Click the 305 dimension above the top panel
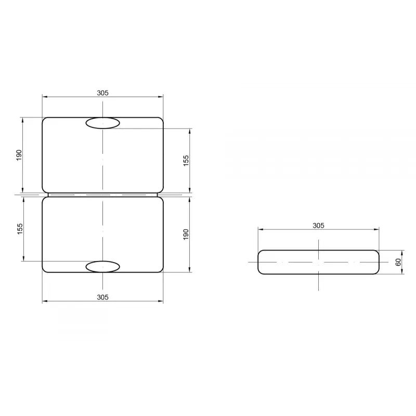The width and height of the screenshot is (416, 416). pyautogui.click(x=102, y=93)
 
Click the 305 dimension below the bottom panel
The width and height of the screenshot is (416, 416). pyautogui.click(x=102, y=297)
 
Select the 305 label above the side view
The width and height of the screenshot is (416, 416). pyautogui.click(x=318, y=226)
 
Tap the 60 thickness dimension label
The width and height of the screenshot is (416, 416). pyautogui.click(x=398, y=262)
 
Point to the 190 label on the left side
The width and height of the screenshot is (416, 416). pyautogui.click(x=19, y=155)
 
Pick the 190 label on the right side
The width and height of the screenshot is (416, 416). pyautogui.click(x=186, y=235)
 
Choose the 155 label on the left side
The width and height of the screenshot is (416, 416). pyautogui.click(x=20, y=229)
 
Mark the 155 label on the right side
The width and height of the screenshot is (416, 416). pyautogui.click(x=186, y=161)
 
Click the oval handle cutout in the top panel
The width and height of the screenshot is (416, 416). pyautogui.click(x=102, y=123)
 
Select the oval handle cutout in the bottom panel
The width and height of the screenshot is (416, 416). pyautogui.click(x=102, y=267)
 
